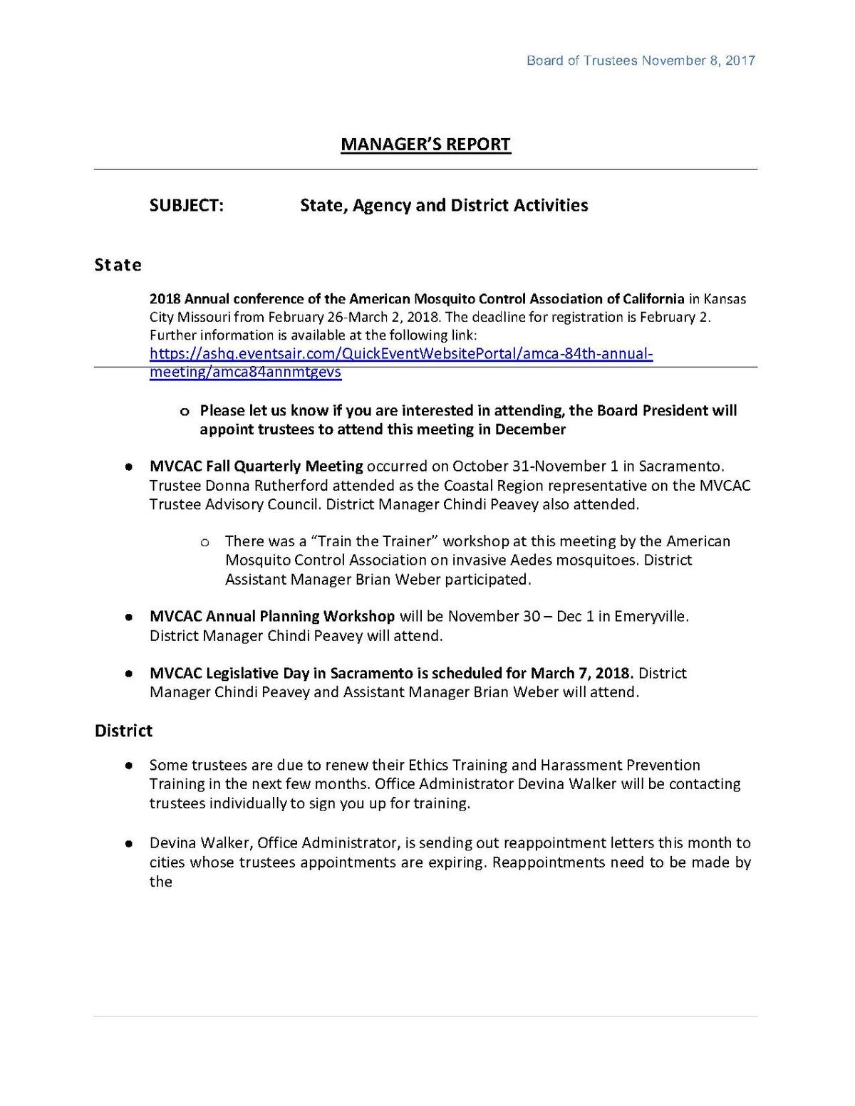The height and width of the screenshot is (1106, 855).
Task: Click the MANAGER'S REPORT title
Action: [425, 145]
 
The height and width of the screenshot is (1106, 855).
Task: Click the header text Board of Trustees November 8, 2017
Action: [641, 61]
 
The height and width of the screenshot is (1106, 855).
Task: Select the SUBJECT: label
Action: [187, 206]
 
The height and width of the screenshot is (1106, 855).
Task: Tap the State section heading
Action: [118, 265]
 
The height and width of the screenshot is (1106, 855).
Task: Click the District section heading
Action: [123, 731]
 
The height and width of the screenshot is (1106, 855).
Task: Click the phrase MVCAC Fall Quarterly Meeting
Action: [256, 466]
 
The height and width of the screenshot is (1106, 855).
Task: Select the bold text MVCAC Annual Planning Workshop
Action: [272, 616]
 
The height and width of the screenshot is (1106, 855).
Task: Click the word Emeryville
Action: [652, 616]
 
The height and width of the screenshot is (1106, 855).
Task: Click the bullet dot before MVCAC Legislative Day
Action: [129, 673]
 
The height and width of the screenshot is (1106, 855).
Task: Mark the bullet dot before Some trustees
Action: [129, 766]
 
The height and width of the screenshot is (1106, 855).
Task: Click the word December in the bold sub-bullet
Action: [530, 429]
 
